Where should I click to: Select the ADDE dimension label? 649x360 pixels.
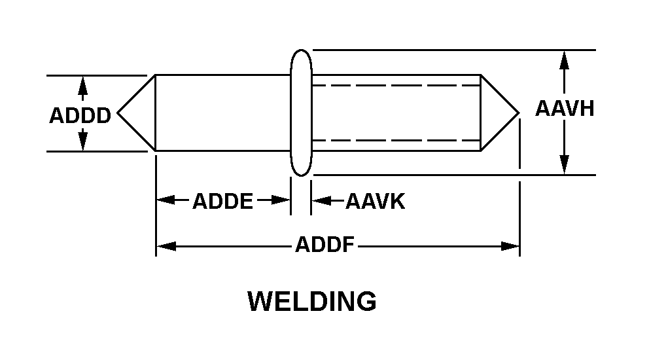(x=222, y=201)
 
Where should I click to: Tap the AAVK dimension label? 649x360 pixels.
(x=376, y=201)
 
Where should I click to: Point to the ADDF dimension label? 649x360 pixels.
(x=324, y=246)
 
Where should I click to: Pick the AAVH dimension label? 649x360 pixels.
(x=565, y=108)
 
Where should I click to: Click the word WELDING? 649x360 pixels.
(x=312, y=302)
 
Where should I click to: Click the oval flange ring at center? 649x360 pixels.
(x=301, y=113)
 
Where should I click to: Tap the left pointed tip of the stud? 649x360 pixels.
(x=120, y=113)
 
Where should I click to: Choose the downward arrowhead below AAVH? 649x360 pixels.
(x=565, y=166)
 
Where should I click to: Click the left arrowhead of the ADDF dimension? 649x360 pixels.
(x=164, y=247)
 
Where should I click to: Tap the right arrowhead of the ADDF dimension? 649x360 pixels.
(x=511, y=247)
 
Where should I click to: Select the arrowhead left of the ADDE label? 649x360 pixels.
(x=164, y=200)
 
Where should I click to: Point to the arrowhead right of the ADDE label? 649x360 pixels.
(x=282, y=200)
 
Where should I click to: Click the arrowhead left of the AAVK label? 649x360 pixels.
(x=320, y=200)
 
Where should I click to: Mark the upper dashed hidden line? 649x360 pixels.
(x=396, y=86)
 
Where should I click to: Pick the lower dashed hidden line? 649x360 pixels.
(x=396, y=140)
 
